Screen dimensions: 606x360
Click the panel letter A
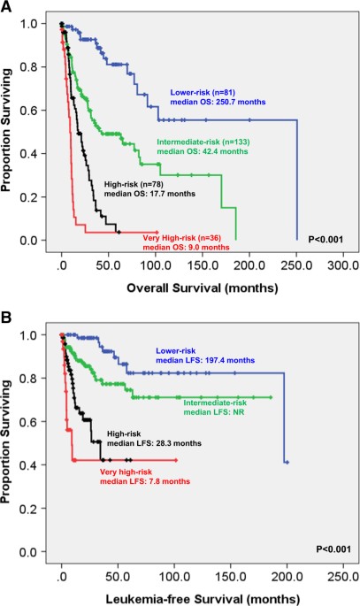pos(8,7)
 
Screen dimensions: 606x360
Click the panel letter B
pos(8,313)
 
